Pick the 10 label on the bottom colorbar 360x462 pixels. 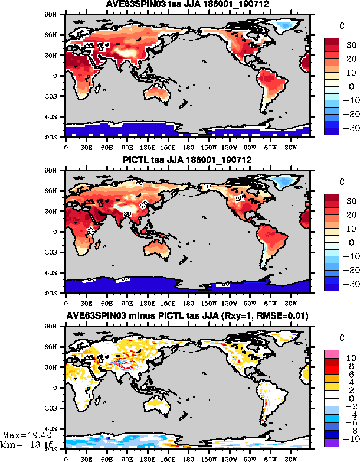coord(350,357)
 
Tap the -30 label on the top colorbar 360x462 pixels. coord(351,127)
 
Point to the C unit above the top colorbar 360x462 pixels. coord(343,26)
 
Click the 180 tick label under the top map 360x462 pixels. coord(188,147)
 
